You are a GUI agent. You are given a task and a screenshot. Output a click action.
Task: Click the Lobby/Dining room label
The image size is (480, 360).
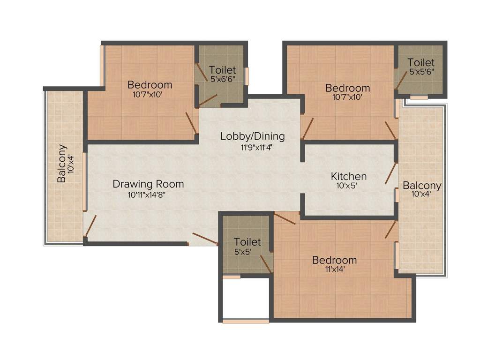tap(253, 136)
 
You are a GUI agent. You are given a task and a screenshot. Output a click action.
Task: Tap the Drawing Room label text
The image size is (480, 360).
tap(148, 184)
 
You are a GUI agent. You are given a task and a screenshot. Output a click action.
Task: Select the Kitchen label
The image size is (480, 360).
tap(349, 177)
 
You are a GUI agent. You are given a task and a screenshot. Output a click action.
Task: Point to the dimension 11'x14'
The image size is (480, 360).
tap(335, 270)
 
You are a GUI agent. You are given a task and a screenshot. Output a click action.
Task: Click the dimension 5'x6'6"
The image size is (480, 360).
tap(222, 80)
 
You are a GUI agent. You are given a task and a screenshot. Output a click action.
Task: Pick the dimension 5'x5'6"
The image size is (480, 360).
tap(420, 72)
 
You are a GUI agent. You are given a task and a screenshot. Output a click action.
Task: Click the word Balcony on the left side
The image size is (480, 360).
tap(62, 163)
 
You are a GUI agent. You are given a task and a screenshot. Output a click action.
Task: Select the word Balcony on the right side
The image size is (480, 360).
tap(422, 186)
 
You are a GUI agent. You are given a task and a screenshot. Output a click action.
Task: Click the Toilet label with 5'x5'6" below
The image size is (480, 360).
tap(420, 62)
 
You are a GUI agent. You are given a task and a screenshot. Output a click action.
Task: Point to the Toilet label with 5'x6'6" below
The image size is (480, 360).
tap(222, 70)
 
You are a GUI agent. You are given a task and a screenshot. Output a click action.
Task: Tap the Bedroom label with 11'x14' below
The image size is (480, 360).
tap(335, 260)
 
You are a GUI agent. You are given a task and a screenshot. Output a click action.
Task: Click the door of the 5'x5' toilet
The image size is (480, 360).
tap(266, 264)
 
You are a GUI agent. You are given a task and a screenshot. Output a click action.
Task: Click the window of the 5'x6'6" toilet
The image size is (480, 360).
tap(246, 76)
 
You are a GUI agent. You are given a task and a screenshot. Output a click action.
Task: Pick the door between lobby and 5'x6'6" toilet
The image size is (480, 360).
tap(208, 99)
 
